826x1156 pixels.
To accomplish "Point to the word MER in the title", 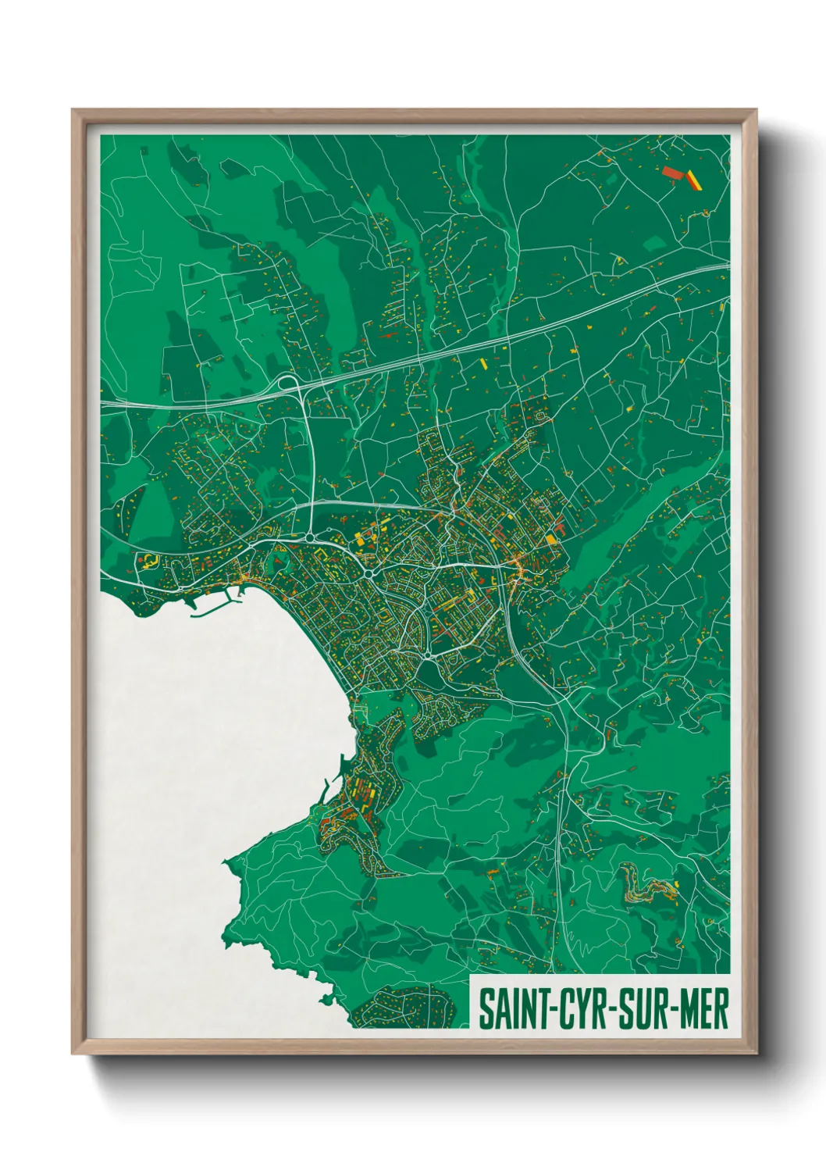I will [703, 1009].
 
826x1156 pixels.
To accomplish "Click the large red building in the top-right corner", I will [672, 173].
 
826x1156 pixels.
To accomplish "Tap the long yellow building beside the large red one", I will [694, 180].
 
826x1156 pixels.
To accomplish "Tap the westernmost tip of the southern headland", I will [226, 862].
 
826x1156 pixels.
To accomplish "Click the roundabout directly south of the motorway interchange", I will [312, 537].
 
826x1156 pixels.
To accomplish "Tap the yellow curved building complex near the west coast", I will [146, 559].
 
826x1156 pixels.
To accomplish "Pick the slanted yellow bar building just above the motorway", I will [482, 362].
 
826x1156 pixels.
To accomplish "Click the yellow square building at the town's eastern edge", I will [551, 540].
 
